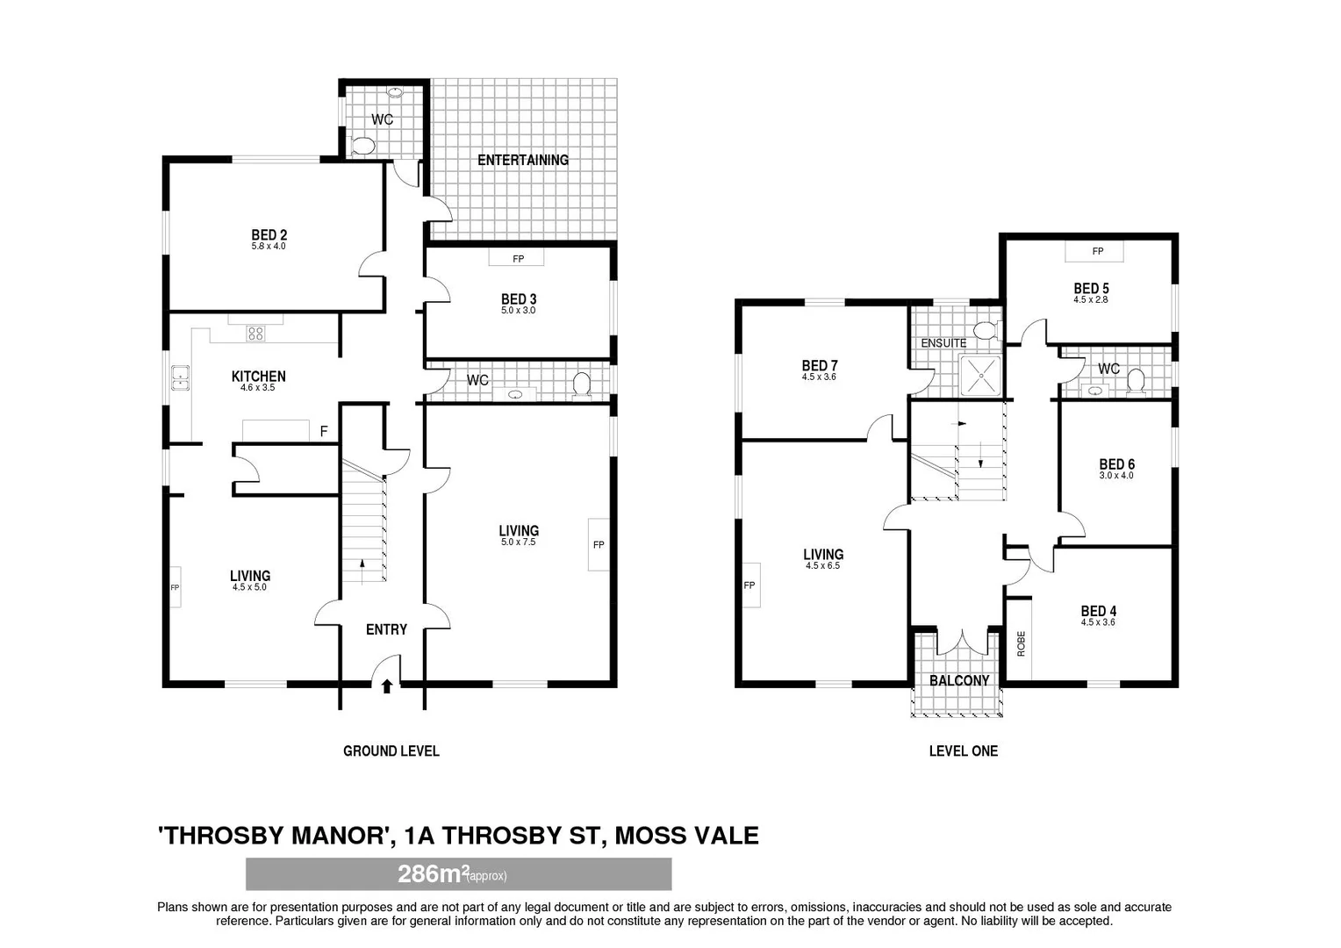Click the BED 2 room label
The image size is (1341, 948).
pyautogui.click(x=269, y=235)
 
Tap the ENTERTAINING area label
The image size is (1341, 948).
pyautogui.click(x=522, y=160)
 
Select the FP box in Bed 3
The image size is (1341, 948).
pyautogui.click(x=518, y=259)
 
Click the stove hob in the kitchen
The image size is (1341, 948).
pyautogui.click(x=255, y=333)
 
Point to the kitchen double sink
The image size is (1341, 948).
pyautogui.click(x=180, y=377)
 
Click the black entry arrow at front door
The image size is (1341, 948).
pyautogui.click(x=386, y=686)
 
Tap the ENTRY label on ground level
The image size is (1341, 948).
pyautogui.click(x=386, y=629)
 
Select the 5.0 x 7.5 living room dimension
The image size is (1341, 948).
pyautogui.click(x=518, y=542)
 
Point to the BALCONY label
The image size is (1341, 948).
pyautogui.click(x=959, y=680)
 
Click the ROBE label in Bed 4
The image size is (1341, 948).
pyautogui.click(x=1021, y=643)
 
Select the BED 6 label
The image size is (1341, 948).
pyautogui.click(x=1116, y=464)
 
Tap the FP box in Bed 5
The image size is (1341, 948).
pyautogui.click(x=1097, y=252)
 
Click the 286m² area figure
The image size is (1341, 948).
pyautogui.click(x=430, y=874)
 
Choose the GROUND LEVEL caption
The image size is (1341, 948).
pyautogui.click(x=391, y=750)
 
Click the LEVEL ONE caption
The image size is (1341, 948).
pyautogui.click(x=963, y=750)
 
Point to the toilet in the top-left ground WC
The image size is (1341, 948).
pyautogui.click(x=362, y=146)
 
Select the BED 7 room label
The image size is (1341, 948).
pyautogui.click(x=820, y=366)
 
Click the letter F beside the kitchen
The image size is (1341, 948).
pyautogui.click(x=324, y=432)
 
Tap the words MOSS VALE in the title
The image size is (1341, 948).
pyautogui.click(x=685, y=835)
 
